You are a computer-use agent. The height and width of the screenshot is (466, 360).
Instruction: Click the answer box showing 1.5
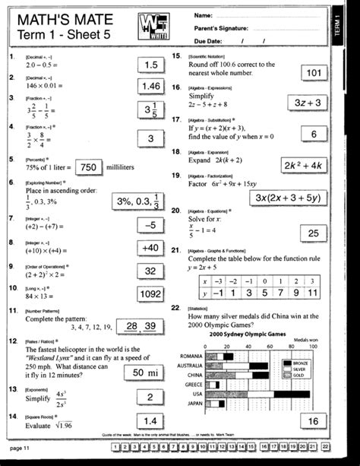pos(151,66)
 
